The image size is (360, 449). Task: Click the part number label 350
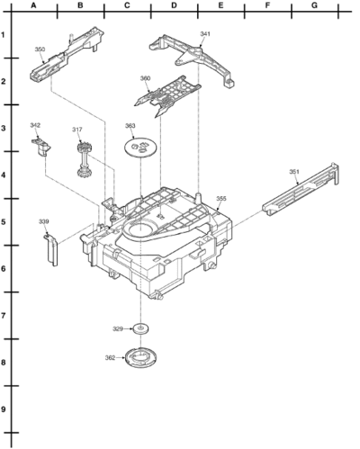pos(40,49)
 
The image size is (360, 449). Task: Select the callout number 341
pos(205,34)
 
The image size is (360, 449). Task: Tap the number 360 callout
pos(145,78)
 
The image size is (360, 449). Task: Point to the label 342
pos(35,125)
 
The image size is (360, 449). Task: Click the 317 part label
pos(77,130)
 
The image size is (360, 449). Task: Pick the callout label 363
pos(130,126)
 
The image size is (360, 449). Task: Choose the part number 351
pos(294,172)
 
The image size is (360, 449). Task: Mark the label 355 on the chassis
pos(221,199)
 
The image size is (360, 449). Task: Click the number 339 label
pos(43,221)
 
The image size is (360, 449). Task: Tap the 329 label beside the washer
pos(118,329)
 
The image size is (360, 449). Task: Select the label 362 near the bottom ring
pos(110,357)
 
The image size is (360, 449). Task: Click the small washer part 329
pos(141,328)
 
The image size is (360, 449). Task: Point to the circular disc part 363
pos(140,147)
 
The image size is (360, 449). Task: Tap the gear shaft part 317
pos(82,160)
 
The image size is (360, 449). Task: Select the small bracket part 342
pos(41,147)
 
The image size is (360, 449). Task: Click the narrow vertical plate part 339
pos(50,250)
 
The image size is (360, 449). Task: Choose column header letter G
pos(314,5)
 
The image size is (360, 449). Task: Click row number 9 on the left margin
pos(4,409)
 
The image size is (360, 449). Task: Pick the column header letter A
pos(33,5)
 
